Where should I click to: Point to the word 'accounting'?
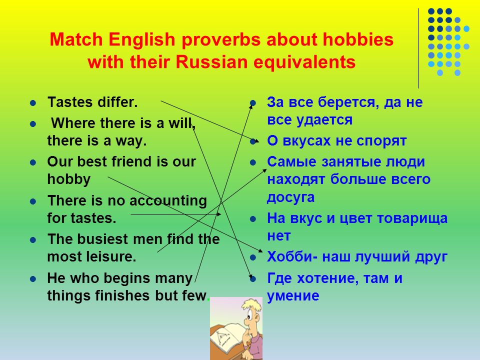coord(168,201)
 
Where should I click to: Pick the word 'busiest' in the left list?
coord(102,239)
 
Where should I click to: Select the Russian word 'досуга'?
coord(290,197)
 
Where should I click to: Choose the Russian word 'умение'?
coord(293,296)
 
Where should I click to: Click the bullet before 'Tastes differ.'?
coord(33,102)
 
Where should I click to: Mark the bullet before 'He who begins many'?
coord(33,279)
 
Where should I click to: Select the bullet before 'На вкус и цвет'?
coord(253,219)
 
